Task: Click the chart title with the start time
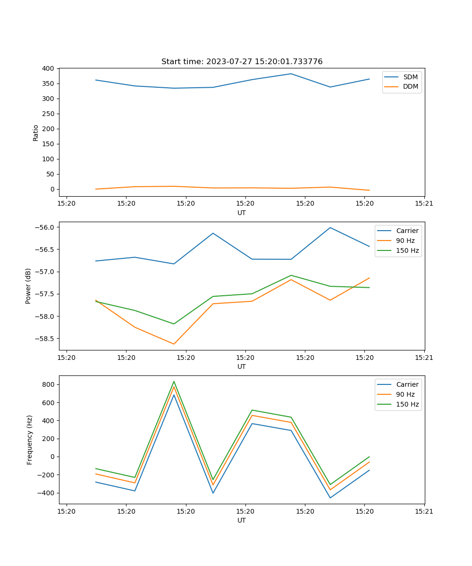coord(242,62)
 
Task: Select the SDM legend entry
coord(410,77)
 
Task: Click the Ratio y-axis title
coord(36,133)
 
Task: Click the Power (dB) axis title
coord(28,286)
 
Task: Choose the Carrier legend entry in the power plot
coord(407,231)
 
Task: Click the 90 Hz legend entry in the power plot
coord(405,241)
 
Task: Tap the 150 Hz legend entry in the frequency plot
coord(407,404)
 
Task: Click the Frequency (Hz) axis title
coord(29,440)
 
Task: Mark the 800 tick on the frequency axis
coord(50,384)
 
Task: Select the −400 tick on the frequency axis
coord(47,493)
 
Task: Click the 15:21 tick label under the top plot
coord(424,204)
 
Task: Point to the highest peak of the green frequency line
coord(174,382)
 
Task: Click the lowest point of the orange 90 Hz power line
coord(174,344)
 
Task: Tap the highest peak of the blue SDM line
coord(291,74)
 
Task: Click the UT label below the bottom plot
coord(242,520)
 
